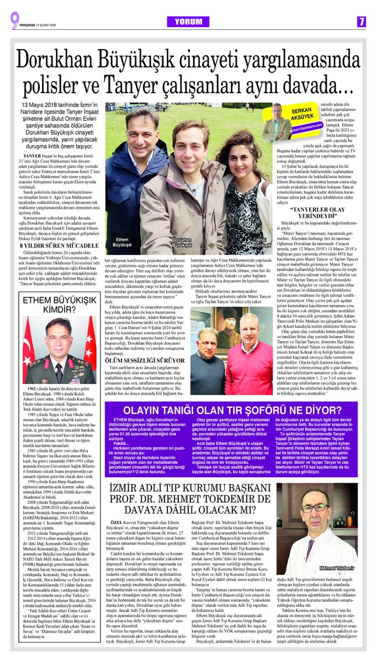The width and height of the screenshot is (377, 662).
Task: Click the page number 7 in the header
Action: (360, 21)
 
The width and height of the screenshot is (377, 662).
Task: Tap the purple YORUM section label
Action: (189, 21)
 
